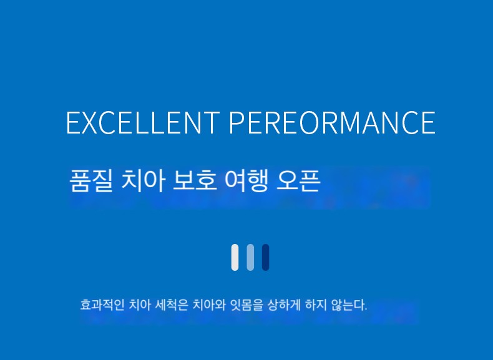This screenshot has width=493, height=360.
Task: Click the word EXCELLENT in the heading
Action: [143, 122]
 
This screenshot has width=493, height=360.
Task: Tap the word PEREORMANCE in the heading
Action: [333, 122]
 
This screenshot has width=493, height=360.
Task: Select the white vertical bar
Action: [235, 257]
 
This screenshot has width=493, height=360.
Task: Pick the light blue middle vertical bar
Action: [250, 257]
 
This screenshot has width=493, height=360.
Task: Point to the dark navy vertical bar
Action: [266, 257]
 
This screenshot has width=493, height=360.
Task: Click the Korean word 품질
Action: [91, 180]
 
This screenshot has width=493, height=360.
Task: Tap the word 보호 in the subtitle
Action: [195, 180]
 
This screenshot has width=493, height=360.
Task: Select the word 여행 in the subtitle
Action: [246, 180]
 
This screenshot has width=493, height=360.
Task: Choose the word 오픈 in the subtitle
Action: [298, 180]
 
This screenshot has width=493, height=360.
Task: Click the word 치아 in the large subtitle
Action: [143, 180]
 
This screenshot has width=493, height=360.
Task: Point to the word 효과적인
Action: [102, 305]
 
